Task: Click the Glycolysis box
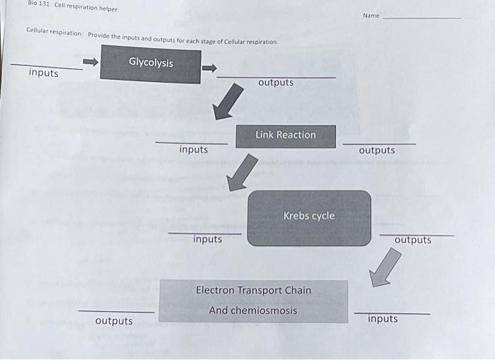pyautogui.click(x=150, y=64)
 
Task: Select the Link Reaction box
pyautogui.click(x=286, y=136)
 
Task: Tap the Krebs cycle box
pyautogui.click(x=309, y=217)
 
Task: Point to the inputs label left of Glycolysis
pyautogui.click(x=44, y=73)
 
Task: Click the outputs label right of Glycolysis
pyautogui.click(x=276, y=83)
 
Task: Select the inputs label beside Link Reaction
pyautogui.click(x=194, y=149)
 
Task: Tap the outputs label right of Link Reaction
pyautogui.click(x=377, y=150)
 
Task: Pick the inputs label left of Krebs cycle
pyautogui.click(x=208, y=239)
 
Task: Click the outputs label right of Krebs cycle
pyautogui.click(x=413, y=240)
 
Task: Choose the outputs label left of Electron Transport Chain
pyautogui.click(x=114, y=321)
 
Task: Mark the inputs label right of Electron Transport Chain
pyautogui.click(x=383, y=319)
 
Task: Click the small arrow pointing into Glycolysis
pyautogui.click(x=90, y=62)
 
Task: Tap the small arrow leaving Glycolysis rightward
pyautogui.click(x=209, y=68)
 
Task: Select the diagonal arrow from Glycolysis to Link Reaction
pyautogui.click(x=228, y=105)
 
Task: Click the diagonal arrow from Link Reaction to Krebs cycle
pyautogui.click(x=241, y=174)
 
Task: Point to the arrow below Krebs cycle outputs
pyautogui.click(x=385, y=267)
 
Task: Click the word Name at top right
pyautogui.click(x=371, y=15)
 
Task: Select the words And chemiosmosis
pyautogui.click(x=253, y=310)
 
